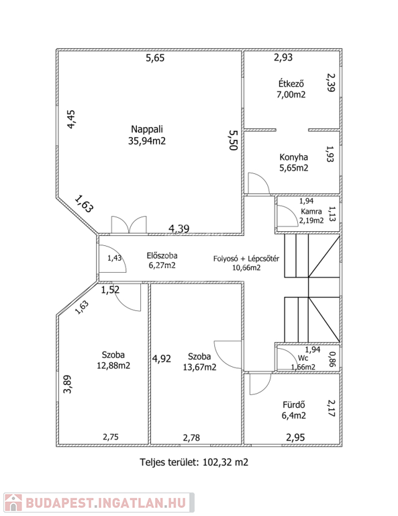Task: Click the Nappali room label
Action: coord(147,129)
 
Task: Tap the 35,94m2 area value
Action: coord(147,141)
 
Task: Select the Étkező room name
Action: coord(291,83)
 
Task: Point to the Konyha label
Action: coord(293,157)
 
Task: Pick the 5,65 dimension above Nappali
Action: coord(155,58)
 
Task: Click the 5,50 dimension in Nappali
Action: coord(233,140)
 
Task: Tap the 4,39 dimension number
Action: coord(179,228)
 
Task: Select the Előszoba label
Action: coord(162,255)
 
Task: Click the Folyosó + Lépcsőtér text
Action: coord(246,258)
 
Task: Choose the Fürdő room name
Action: coord(294,404)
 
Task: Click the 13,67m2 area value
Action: coord(199,367)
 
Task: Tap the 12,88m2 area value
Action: coord(113,365)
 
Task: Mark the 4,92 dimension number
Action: coord(161,358)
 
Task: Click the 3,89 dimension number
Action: coord(67,384)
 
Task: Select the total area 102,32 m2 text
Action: coord(226,462)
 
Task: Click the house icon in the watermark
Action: coord(13,503)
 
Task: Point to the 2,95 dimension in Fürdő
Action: coord(295,437)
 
